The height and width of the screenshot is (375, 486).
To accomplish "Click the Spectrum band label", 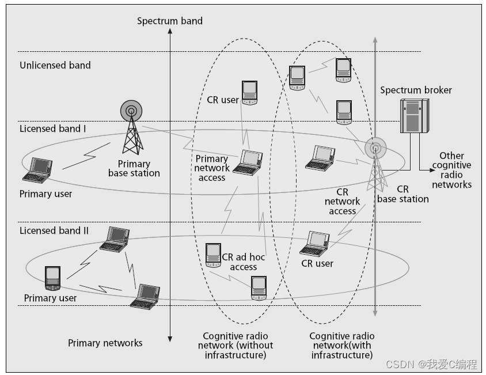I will [170, 21].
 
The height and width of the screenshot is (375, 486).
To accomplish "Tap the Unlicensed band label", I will [55, 65].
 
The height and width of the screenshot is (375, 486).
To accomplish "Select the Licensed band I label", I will [53, 128].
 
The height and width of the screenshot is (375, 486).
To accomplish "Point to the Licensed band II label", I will [54, 230].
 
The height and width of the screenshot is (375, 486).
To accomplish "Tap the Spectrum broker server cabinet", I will [414, 116].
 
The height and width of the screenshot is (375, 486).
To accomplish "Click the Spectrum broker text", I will [416, 90].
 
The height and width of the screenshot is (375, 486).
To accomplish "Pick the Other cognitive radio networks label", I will [452, 170].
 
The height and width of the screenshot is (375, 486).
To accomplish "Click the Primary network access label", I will [212, 168].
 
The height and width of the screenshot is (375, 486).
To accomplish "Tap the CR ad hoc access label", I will [244, 262].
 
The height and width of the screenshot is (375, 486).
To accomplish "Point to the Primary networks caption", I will [105, 343].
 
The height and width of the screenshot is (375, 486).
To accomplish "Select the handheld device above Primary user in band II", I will [52, 279].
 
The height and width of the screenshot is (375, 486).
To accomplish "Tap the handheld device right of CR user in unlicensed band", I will [249, 93].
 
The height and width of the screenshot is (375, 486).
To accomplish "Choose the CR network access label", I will [343, 202].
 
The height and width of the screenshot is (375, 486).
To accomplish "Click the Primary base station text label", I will [134, 168].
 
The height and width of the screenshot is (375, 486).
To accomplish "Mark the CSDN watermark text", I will [431, 364].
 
